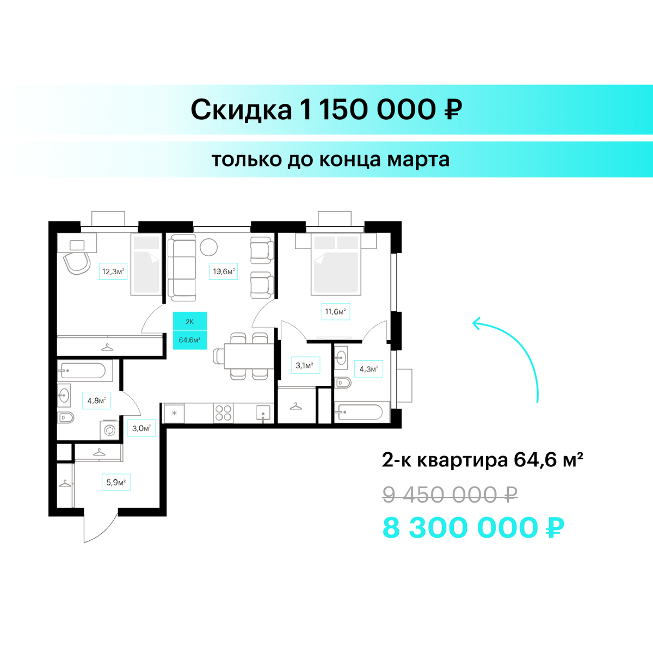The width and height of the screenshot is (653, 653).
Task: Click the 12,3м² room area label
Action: tap(113, 271)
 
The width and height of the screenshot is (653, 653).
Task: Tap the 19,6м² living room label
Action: tap(223, 271)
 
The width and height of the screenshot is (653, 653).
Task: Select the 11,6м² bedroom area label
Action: tap(336, 311)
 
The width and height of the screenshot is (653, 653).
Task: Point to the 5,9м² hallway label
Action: tap(116, 482)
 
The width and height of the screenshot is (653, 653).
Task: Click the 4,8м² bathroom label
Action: tap(96, 401)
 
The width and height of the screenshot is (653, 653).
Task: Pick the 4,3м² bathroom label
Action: tap(368, 369)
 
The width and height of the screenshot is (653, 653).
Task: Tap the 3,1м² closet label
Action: tap(305, 365)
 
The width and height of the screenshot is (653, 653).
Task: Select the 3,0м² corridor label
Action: tap(141, 428)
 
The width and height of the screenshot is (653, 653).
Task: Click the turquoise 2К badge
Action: tap(190, 321)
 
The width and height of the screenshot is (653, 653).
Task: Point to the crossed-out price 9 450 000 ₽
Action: tap(450, 495)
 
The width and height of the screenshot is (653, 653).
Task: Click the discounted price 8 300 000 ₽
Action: tap(473, 528)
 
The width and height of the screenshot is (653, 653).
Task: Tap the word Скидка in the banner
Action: tap(241, 110)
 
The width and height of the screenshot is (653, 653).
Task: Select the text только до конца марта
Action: tap(330, 159)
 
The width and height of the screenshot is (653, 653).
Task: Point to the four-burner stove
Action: tap(223, 413)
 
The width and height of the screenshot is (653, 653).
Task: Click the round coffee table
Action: tap(208, 248)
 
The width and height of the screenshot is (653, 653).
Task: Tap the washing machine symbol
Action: tap(109, 430)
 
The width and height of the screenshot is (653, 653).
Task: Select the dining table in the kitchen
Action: tap(249, 356)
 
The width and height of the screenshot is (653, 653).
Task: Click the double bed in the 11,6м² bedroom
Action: tap(336, 263)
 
